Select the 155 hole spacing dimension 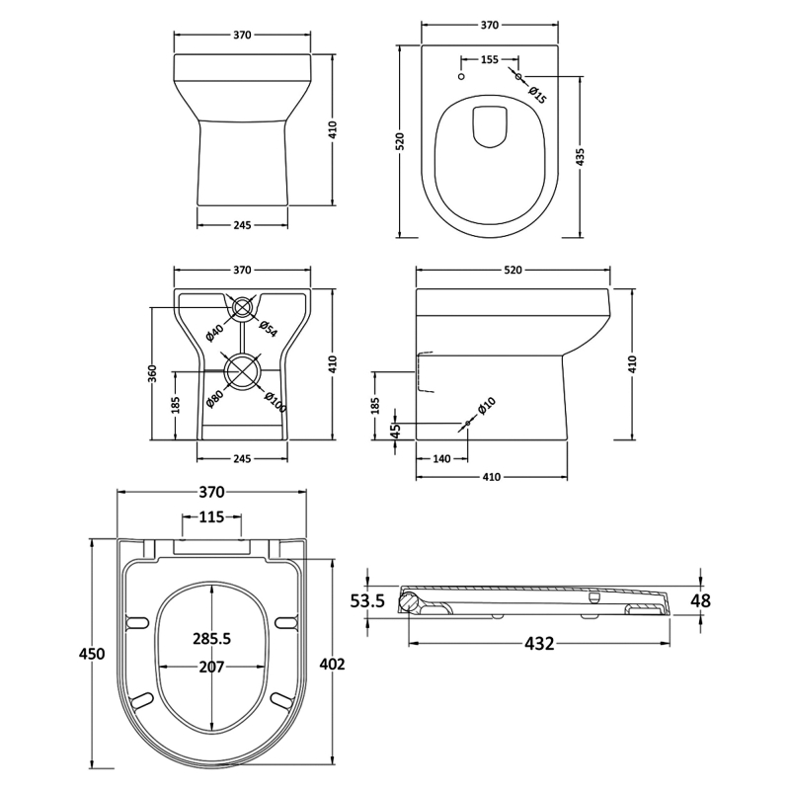point(489,60)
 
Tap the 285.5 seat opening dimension point(211,639)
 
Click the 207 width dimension point(211,667)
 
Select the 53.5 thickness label point(367,599)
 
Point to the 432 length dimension point(538,644)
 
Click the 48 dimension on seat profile point(700,599)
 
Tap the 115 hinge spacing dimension point(211,516)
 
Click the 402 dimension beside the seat point(333,664)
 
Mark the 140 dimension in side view point(441,458)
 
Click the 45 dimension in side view point(395,430)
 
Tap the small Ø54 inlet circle point(242,307)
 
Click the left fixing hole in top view point(461,76)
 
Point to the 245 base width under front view point(242,224)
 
